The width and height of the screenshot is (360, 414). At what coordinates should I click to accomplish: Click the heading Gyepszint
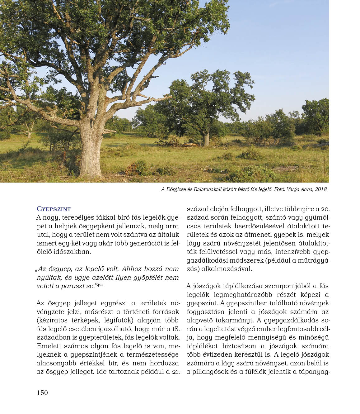pyautogui.click(x=54, y=209)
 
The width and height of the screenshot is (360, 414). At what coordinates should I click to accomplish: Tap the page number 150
pyautogui.click(x=42, y=393)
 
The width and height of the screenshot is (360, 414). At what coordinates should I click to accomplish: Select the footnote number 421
pyautogui.click(x=100, y=285)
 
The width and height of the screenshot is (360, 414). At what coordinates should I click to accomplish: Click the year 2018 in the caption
pyautogui.click(x=321, y=189)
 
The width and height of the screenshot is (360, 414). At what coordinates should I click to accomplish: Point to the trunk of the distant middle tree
pyautogui.click(x=206, y=139)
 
